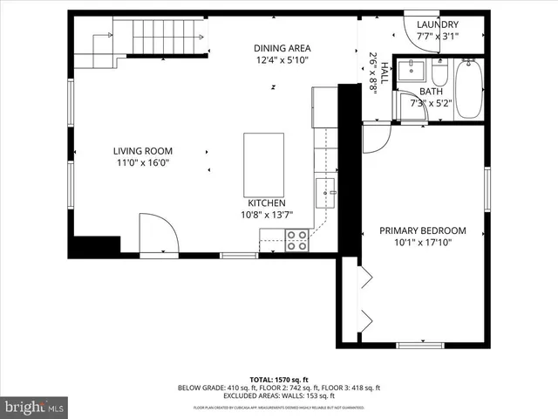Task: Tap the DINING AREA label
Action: pos(282,48)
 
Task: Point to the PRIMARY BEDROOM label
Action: pos(422,231)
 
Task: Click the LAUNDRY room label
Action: pos(437,24)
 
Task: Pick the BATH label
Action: pos(431,91)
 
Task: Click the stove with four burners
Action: pos(297,240)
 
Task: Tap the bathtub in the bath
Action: pos(469,89)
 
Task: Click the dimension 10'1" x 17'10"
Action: pos(422,243)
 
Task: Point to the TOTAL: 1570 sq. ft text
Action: pos(279,380)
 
